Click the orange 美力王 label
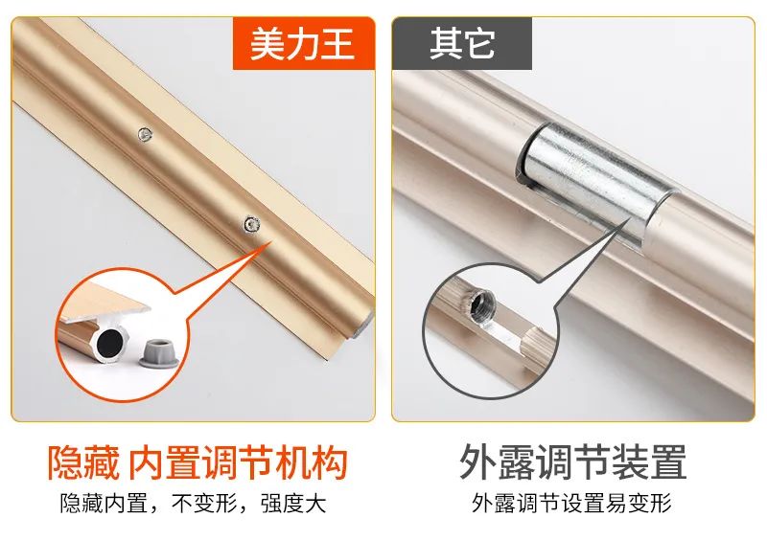pyautogui.click(x=303, y=43)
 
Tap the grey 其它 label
pyautogui.click(x=462, y=43)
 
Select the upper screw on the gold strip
pyautogui.click(x=145, y=134)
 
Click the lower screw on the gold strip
pyautogui.click(x=251, y=224)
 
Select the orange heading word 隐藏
pyautogui.click(x=83, y=462)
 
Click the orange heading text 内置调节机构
pyautogui.click(x=238, y=462)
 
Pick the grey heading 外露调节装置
pyautogui.click(x=572, y=462)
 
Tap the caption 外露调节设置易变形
pyautogui.click(x=571, y=503)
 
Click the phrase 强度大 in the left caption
pyautogui.click(x=293, y=504)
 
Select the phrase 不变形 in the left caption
pyautogui.click(x=204, y=504)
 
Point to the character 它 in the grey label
pyautogui.click(x=478, y=43)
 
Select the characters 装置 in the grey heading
pyautogui.click(x=649, y=462)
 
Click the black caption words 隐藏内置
pyautogui.click(x=104, y=504)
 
